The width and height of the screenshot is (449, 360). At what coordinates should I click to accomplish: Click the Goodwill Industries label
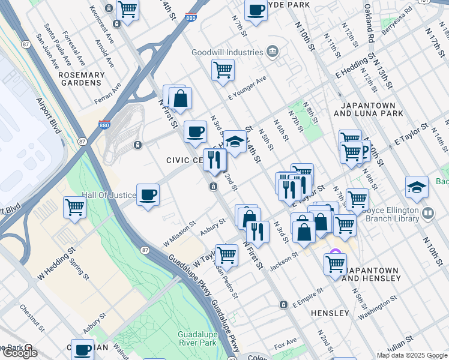(227, 52)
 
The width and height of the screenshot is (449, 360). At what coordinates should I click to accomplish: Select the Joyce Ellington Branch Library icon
(427, 212)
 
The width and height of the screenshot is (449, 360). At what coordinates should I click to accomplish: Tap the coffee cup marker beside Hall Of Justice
(148, 194)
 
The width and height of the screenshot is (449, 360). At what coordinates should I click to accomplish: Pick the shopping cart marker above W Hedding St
(74, 208)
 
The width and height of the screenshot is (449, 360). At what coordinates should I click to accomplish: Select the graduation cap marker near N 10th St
(417, 187)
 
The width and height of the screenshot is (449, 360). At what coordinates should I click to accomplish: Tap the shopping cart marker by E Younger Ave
(223, 70)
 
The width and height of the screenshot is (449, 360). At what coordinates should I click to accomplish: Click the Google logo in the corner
(19, 353)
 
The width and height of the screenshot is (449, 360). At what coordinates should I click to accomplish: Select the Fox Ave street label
(285, 346)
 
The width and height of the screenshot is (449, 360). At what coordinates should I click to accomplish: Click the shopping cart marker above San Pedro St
(227, 254)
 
